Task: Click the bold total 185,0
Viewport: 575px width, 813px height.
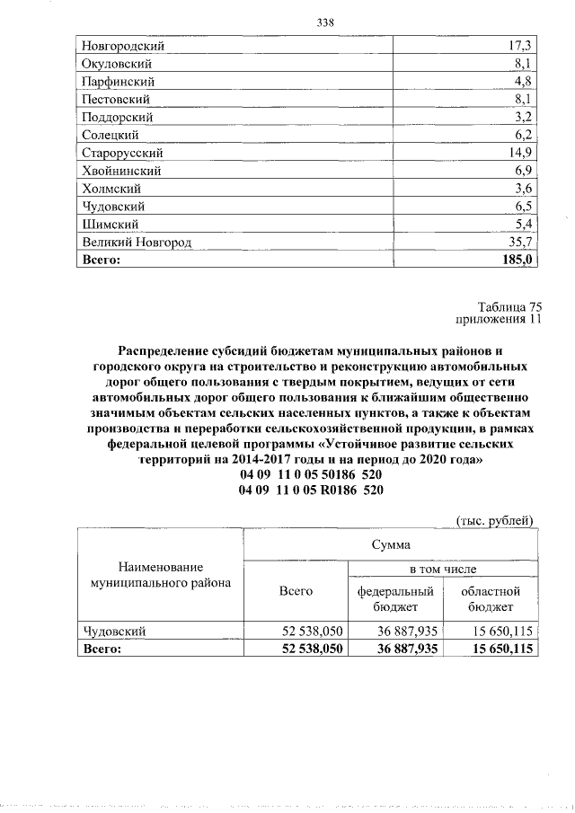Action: pos(517,260)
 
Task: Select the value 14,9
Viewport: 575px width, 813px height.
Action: pos(520,153)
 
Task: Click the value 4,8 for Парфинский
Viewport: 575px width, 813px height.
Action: pos(523,81)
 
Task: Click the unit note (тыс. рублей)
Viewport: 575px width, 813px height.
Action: pos(496,519)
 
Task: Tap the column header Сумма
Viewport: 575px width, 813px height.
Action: pos(391,544)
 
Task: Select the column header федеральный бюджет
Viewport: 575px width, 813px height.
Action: pos(395,599)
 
